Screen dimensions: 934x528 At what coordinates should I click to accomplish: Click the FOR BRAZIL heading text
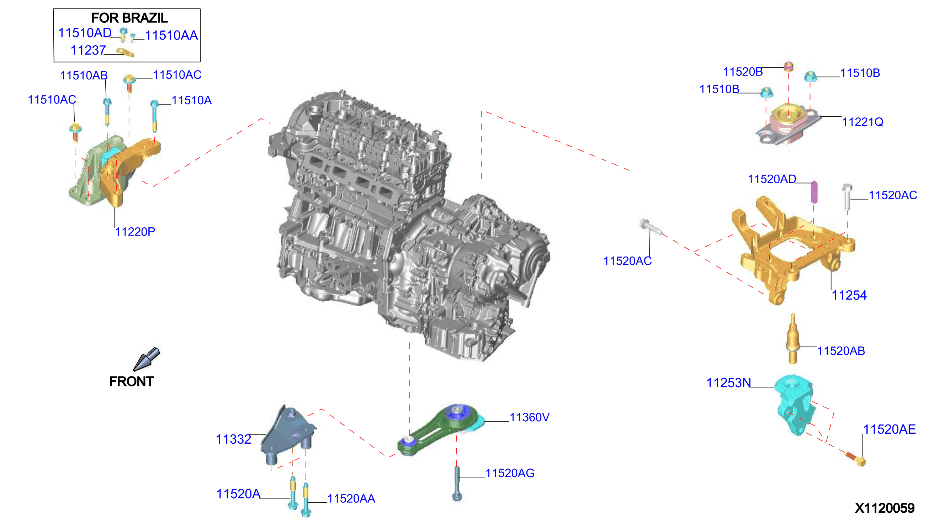[129, 18]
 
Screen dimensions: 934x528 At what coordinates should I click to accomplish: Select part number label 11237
[88, 51]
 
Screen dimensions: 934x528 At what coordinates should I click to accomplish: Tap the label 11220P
[135, 232]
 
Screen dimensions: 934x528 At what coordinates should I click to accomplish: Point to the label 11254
[849, 295]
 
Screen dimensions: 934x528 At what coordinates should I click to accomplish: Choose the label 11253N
[728, 383]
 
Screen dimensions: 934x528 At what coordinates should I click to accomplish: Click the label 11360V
[529, 417]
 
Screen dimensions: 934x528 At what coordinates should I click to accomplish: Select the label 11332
[233, 439]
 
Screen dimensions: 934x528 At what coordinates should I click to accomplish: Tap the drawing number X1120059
[885, 508]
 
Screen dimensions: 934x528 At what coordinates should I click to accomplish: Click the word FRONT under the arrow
[131, 381]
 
